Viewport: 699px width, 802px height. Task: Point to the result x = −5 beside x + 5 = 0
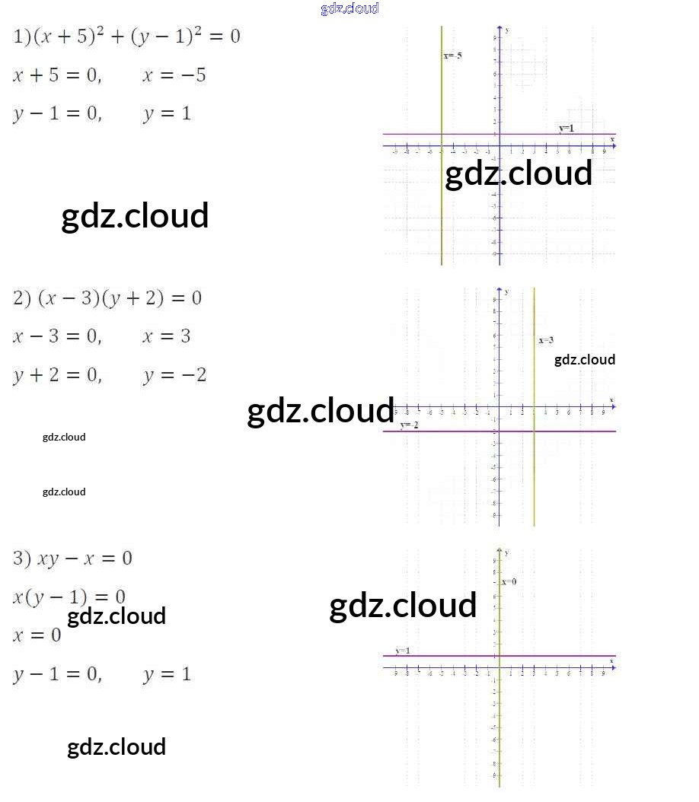point(174,75)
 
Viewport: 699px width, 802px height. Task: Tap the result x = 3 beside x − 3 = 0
point(166,336)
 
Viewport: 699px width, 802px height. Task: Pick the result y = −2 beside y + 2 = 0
point(174,375)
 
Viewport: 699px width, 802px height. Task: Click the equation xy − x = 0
point(73,559)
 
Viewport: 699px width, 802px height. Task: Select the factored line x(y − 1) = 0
point(69,597)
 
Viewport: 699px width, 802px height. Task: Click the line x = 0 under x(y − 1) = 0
point(37,635)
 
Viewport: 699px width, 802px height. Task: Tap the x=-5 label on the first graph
point(452,56)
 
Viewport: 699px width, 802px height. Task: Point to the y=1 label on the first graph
point(567,128)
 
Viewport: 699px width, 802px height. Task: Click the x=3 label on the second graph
point(546,340)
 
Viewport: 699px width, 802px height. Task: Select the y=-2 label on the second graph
point(410,425)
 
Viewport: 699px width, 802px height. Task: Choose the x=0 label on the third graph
point(509,581)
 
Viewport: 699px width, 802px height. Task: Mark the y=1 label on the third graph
point(403,651)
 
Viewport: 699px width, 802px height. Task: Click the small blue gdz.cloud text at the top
point(349,8)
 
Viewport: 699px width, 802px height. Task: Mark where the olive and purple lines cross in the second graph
point(534,431)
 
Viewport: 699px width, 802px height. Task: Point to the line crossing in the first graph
point(442,135)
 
